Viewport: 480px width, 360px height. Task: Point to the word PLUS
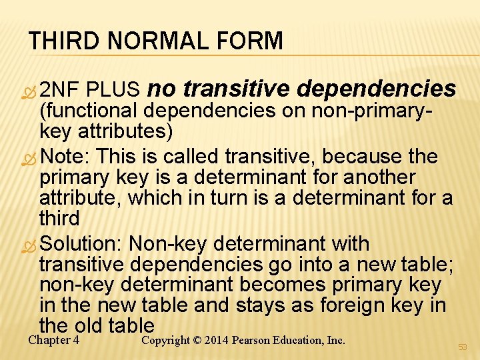(113, 89)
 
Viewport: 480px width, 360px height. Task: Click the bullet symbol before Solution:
(31, 244)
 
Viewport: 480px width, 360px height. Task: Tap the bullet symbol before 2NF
(31, 89)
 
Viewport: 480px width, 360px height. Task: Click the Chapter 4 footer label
(54, 340)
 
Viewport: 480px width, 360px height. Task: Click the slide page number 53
(463, 347)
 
